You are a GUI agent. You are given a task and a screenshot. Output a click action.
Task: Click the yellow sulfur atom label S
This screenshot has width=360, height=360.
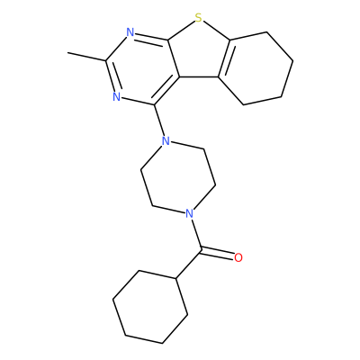(198, 18)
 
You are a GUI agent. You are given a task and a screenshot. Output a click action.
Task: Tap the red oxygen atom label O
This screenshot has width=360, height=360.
(238, 257)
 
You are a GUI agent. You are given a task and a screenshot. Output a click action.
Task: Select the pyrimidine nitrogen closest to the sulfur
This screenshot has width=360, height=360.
(130, 32)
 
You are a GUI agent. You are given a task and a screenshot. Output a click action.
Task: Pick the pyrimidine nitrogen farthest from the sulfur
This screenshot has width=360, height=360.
(117, 96)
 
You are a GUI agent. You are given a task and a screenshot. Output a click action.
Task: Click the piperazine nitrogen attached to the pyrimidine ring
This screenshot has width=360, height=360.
(165, 140)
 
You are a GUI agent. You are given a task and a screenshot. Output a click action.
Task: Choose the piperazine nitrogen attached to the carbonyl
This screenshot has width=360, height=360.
(189, 213)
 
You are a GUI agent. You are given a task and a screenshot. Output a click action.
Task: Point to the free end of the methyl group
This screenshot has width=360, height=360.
(67, 53)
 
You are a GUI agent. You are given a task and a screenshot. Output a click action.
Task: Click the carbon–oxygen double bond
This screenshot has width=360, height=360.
(217, 253)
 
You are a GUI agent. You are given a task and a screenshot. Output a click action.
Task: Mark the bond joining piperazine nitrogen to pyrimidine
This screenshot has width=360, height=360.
(159, 120)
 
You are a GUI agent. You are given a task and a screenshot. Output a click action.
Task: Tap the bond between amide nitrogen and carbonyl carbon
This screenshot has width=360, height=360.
(196, 234)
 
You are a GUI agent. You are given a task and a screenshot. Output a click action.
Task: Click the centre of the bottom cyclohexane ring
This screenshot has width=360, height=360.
(150, 307)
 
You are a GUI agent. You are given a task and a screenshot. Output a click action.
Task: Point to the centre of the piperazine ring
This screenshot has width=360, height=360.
(177, 177)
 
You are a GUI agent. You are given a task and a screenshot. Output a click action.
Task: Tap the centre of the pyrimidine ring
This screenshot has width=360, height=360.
(142, 68)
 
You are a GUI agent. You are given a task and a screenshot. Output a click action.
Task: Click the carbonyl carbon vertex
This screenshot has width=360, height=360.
(201, 249)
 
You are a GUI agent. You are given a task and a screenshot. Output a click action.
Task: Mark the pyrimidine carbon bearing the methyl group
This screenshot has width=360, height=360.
(106, 61)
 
